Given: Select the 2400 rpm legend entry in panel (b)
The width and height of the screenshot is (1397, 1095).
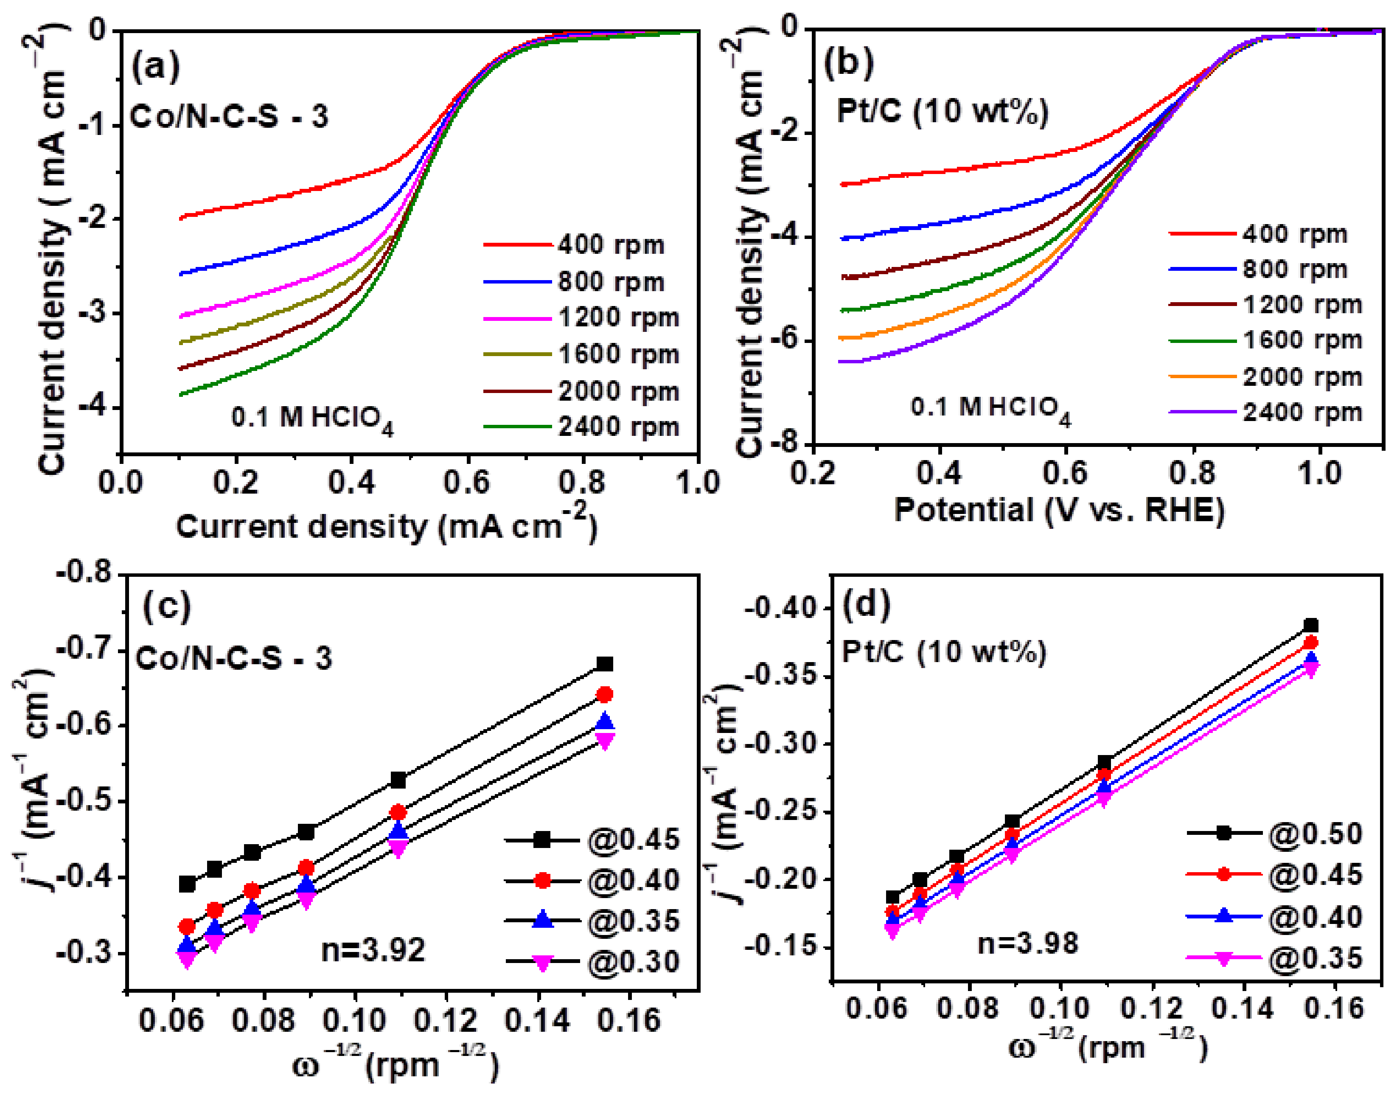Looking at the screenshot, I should coord(1302,412).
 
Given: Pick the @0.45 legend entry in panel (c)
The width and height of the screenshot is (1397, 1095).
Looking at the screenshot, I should coord(632,839).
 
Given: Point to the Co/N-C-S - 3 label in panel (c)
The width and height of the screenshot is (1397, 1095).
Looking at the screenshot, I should coord(233,658).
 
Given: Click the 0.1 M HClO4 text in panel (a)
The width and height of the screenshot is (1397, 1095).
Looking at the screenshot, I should coord(312,418).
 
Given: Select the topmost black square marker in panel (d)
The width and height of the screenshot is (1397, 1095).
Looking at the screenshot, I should coord(1311,625).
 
